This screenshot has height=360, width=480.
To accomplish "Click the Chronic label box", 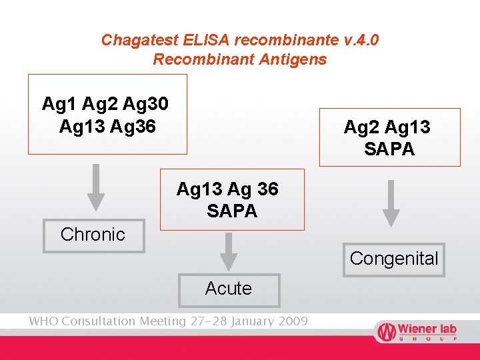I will tap(93, 235).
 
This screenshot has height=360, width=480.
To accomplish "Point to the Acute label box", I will tap(229, 289).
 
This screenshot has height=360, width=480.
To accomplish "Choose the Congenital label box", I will tap(394, 259).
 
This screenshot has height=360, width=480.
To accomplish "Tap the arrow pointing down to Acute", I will tap(229, 251).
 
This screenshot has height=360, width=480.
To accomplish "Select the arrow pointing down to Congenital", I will tap(392, 203).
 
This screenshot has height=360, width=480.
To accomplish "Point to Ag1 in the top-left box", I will tap(57, 104).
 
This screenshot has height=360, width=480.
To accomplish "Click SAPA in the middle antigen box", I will tap(231, 212).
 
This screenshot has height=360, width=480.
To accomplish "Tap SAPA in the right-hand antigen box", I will tap(389, 149).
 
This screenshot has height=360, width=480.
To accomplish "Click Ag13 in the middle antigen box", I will tap(196, 190).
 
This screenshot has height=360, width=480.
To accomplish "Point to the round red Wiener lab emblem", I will tap(386, 331).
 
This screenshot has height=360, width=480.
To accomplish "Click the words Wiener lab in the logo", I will tap(427, 329).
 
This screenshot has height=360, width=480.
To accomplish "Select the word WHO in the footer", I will tap(44, 321).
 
